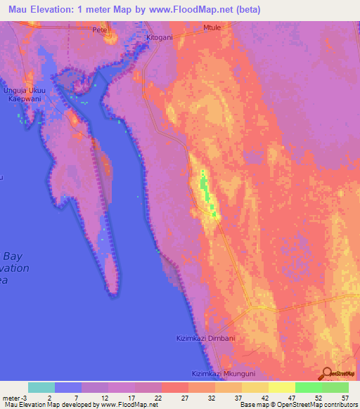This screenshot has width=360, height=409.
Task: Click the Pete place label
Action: click(x=99, y=31)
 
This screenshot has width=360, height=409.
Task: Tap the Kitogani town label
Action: click(x=165, y=37)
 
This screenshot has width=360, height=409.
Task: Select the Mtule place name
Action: click(x=212, y=29)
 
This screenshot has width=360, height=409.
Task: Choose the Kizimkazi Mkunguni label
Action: click(x=221, y=374)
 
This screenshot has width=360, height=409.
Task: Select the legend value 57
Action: click(x=345, y=398)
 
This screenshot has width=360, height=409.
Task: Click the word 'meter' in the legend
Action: click(x=11, y=398)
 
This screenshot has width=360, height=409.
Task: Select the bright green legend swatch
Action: click(x=308, y=387)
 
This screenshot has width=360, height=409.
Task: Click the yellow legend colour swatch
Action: click(x=281, y=387)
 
